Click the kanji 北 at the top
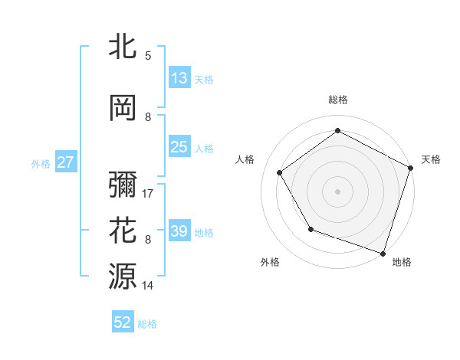click(123, 47)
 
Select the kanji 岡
click(123, 108)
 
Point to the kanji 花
click(123, 231)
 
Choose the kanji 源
click(123, 277)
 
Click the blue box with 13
click(179, 78)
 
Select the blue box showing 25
click(179, 147)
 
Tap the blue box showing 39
click(179, 231)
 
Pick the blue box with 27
click(65, 162)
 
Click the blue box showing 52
click(123, 322)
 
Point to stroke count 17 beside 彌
click(148, 194)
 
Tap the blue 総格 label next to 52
click(147, 324)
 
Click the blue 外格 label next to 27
click(41, 163)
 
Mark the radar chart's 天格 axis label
click(431, 159)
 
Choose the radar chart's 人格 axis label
click(245, 159)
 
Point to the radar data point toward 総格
click(337, 131)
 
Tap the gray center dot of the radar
click(337, 191)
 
